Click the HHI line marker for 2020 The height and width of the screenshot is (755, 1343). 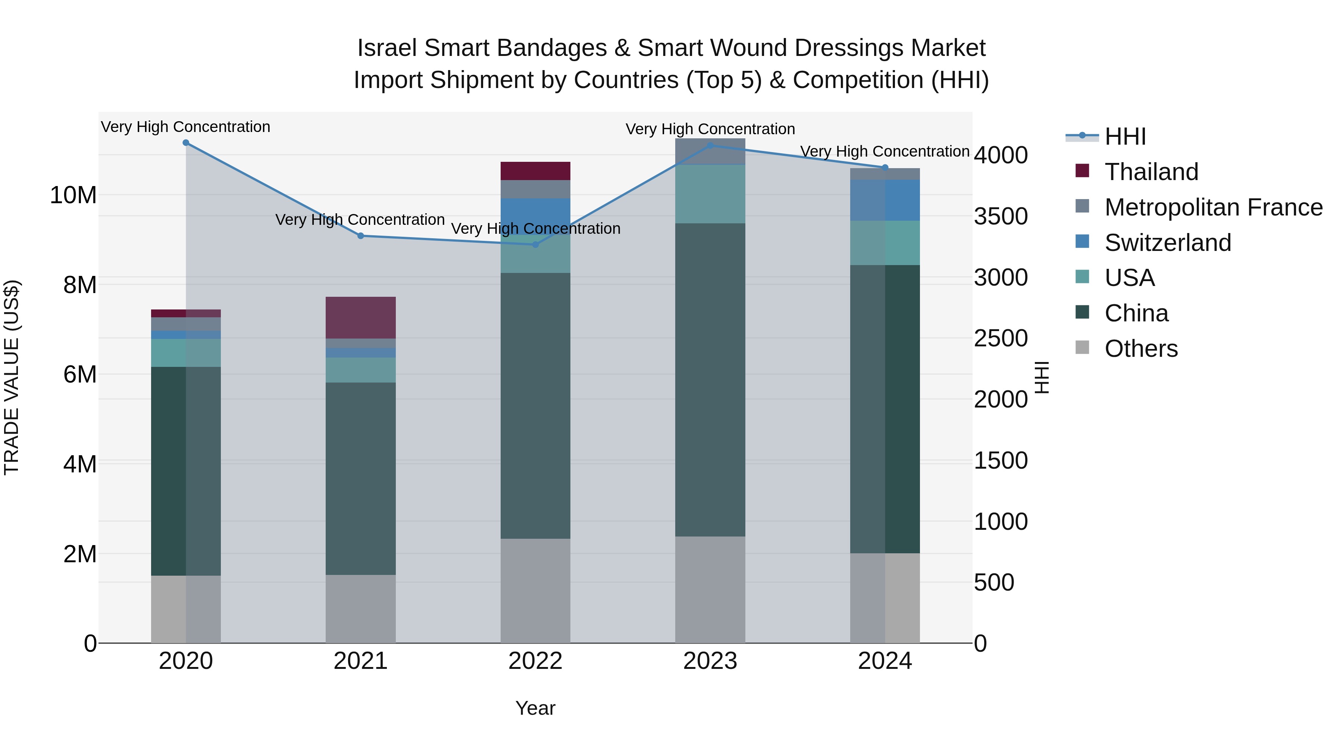pos(186,143)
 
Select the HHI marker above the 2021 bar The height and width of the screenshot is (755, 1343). pos(360,236)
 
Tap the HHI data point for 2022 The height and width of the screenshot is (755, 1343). pos(535,244)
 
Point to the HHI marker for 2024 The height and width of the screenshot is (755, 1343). pos(885,168)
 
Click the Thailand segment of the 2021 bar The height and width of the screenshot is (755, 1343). pos(360,318)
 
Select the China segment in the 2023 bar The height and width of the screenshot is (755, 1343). pos(710,380)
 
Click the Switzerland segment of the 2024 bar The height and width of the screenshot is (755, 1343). pos(885,201)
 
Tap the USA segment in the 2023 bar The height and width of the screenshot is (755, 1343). pos(710,194)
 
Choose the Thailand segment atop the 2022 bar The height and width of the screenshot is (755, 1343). pos(535,171)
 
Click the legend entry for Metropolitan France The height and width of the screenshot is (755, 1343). pos(1213,207)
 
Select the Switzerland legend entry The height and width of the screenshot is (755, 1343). pos(1167,243)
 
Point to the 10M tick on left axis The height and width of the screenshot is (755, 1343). pos(73,195)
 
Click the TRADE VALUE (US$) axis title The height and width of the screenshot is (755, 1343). pos(12,378)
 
